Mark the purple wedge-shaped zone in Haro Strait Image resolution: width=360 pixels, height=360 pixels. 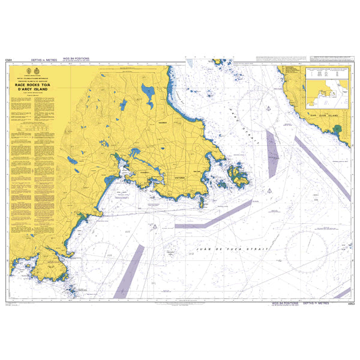[272, 153]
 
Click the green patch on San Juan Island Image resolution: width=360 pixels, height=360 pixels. [340, 128]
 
